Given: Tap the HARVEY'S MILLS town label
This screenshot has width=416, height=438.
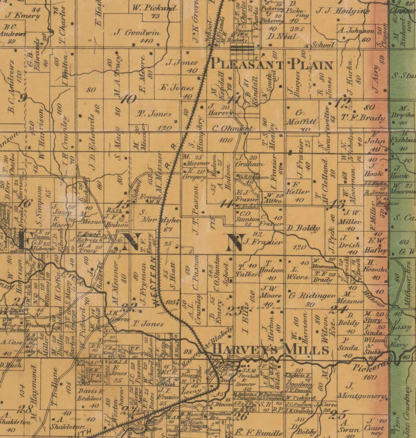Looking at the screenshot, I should click(x=270, y=350).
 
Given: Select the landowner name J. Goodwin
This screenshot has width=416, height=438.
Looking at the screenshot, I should click(x=138, y=33).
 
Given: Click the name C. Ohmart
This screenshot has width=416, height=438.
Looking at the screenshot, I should click(x=233, y=129).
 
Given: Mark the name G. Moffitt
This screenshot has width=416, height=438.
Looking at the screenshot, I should click(x=302, y=118).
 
